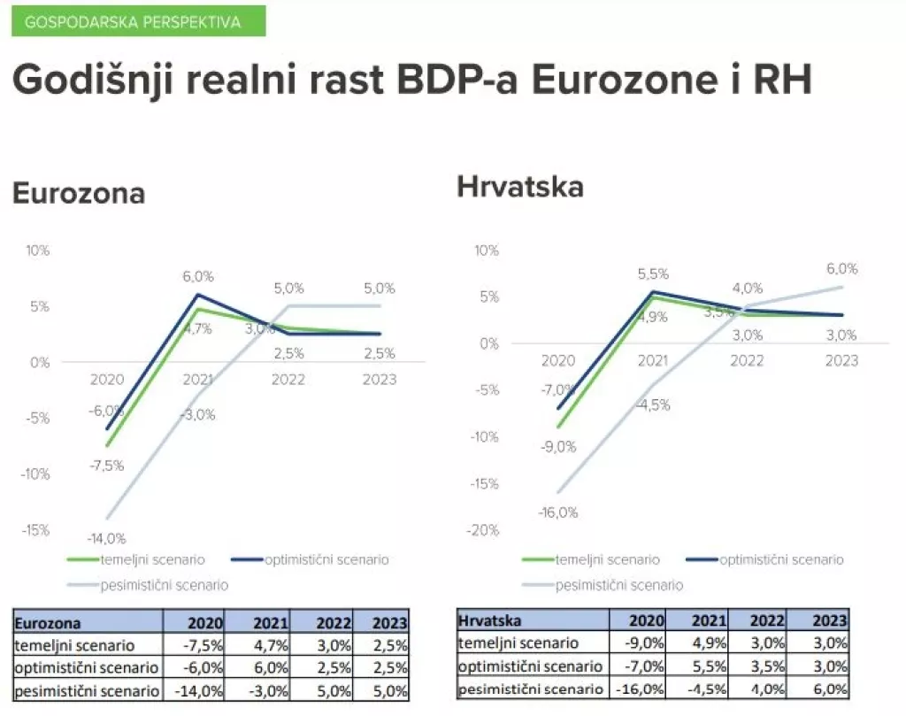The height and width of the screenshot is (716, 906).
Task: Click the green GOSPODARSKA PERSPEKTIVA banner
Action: [x=138, y=22]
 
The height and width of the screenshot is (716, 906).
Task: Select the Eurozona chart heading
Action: [x=78, y=193]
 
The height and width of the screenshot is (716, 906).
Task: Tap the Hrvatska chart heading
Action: [x=520, y=187]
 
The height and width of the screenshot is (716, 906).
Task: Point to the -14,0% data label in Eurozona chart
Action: [x=106, y=537]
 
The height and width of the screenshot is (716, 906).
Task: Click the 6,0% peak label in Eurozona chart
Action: [x=199, y=277]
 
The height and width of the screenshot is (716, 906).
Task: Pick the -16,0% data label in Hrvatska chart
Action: [x=557, y=512]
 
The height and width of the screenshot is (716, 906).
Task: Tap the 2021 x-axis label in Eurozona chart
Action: [x=198, y=379]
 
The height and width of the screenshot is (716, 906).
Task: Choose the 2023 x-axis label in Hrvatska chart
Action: [x=841, y=360]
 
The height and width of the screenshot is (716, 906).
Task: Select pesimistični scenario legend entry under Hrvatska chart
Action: [x=618, y=585]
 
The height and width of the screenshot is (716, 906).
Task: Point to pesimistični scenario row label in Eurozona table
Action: [x=87, y=691]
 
